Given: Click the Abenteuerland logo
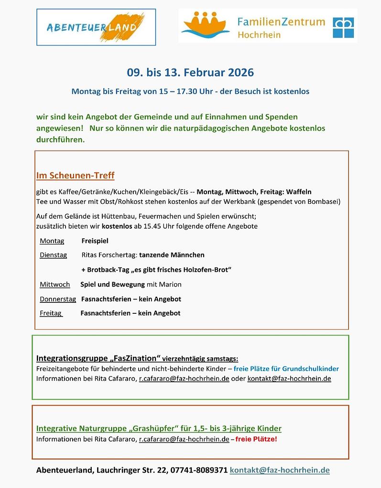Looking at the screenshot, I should pyautogui.click(x=96, y=27).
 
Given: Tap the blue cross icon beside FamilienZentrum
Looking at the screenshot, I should pyautogui.click(x=344, y=27).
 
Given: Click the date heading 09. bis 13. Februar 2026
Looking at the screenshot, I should pyautogui.click(x=190, y=73).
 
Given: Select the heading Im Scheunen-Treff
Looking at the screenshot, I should pyautogui.click(x=75, y=176).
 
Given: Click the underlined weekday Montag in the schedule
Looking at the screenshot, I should pyautogui.click(x=52, y=241).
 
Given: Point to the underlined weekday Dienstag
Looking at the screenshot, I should pyautogui.click(x=53, y=255).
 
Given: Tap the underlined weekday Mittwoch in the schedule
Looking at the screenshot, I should pyautogui.click(x=54, y=284).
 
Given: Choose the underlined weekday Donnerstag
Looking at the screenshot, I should pyautogui.click(x=57, y=299).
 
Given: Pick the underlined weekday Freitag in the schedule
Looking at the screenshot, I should pyautogui.click(x=51, y=313).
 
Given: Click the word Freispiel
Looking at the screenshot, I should pyautogui.click(x=95, y=241).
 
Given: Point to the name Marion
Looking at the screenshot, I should pyautogui.click(x=171, y=284).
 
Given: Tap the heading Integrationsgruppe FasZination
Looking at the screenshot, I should pyautogui.click(x=98, y=358).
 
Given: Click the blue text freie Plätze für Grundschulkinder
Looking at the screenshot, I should pyautogui.click(x=286, y=369).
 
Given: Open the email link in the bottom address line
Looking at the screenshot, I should pyautogui.click(x=280, y=470).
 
